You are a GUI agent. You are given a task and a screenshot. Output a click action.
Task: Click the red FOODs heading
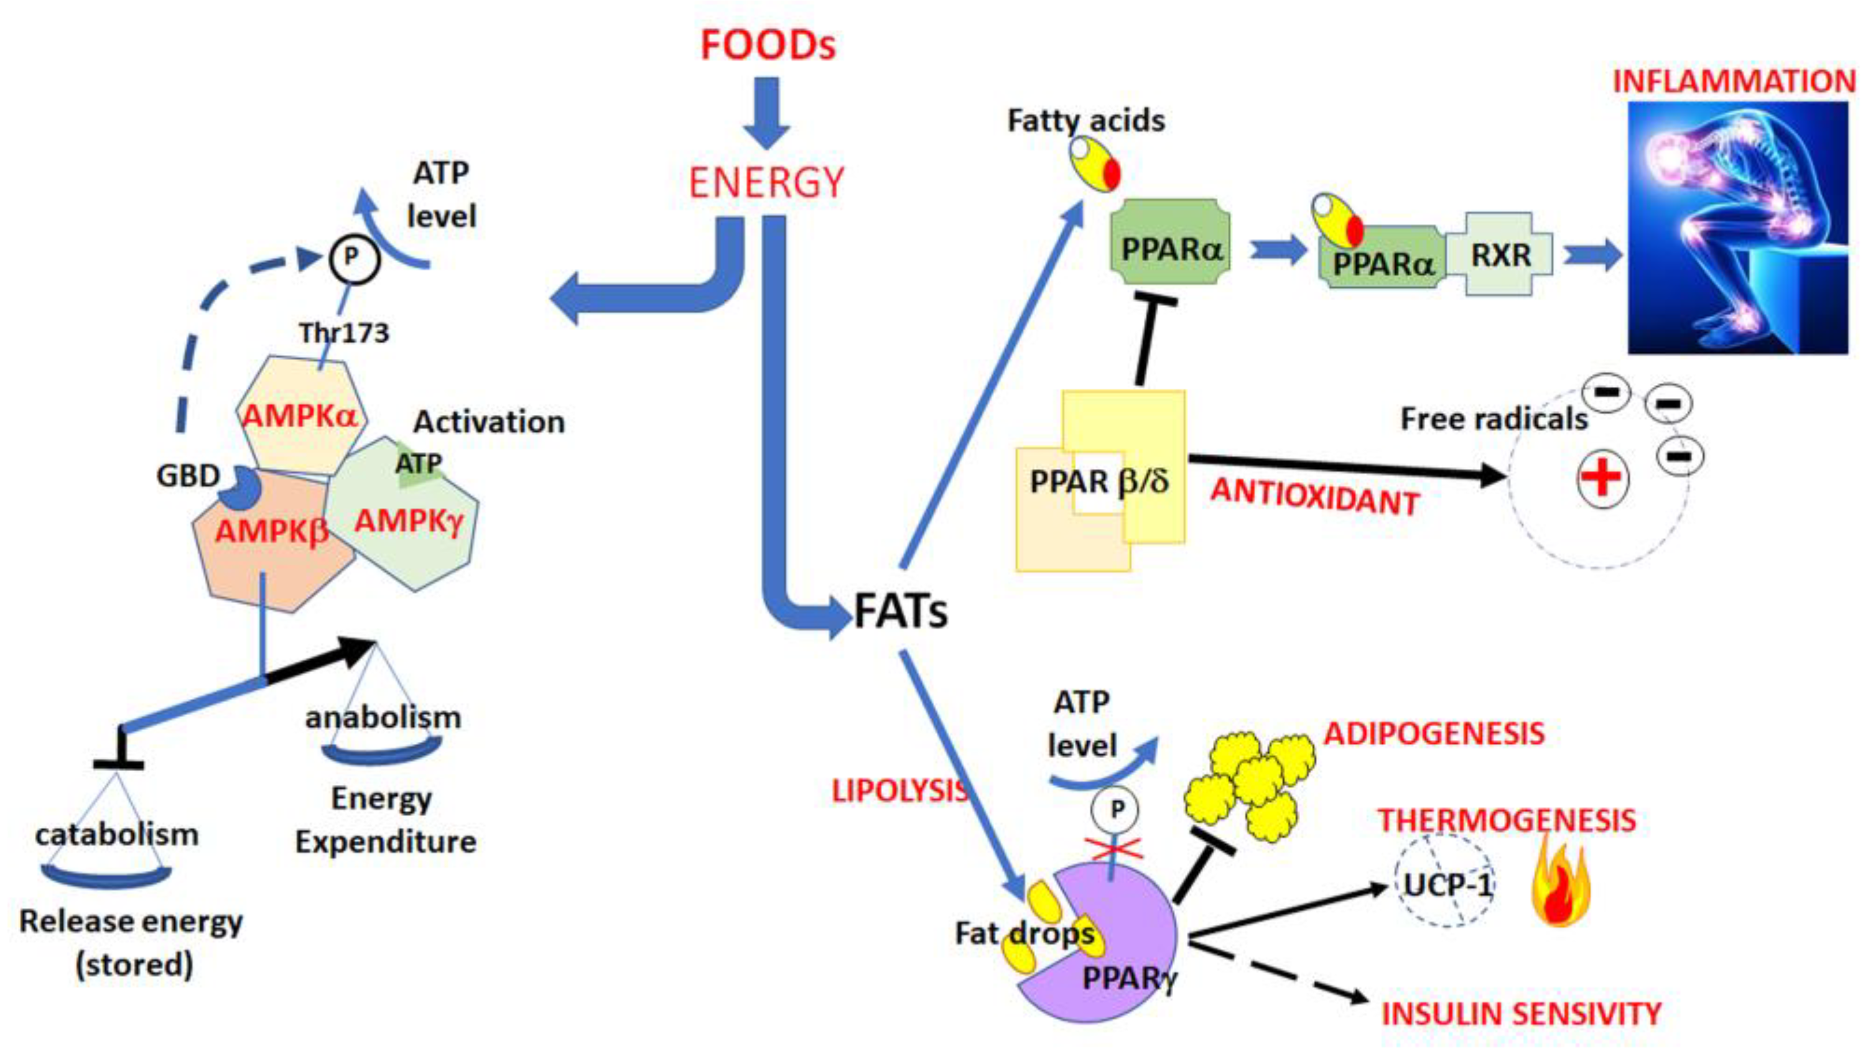[x=768, y=45]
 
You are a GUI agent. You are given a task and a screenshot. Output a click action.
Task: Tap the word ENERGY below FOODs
[x=766, y=182]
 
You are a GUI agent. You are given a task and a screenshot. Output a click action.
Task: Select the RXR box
[x=1500, y=254]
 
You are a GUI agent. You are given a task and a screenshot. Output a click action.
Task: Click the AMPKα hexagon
[x=300, y=415]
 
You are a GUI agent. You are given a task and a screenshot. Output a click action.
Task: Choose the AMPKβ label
[x=271, y=532]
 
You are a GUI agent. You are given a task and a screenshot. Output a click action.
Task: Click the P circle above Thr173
[x=353, y=257]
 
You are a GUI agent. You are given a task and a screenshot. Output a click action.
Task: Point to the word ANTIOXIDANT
[x=1314, y=497]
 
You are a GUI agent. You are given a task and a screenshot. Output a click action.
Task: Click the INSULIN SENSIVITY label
[x=1520, y=1014]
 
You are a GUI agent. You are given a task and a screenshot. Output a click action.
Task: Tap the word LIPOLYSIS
[x=898, y=791]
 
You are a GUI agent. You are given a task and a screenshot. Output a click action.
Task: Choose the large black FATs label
[x=900, y=611]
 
